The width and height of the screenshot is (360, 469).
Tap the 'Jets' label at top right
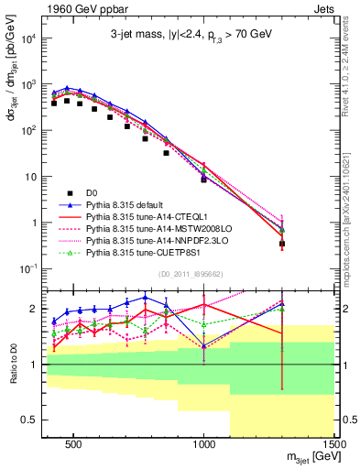coord(326,7)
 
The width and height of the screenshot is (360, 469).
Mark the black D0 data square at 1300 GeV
coord(282,244)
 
